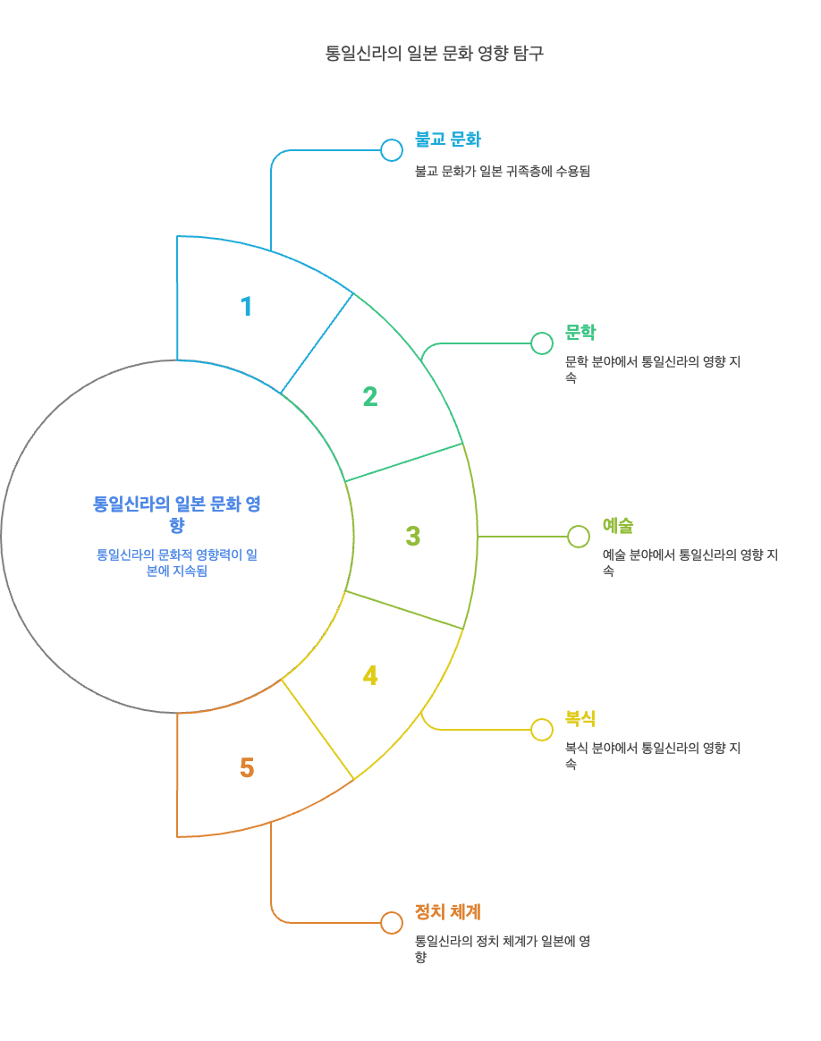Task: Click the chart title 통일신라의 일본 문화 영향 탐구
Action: [x=435, y=54]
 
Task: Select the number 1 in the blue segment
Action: [x=246, y=307]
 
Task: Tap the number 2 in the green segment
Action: [x=369, y=396]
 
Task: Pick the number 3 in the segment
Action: [x=412, y=537]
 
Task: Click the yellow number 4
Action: [x=369, y=676]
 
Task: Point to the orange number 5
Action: [x=247, y=768]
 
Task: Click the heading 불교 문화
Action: [x=448, y=140]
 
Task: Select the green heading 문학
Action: [x=580, y=333]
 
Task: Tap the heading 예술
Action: [x=618, y=526]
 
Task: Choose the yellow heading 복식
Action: [x=580, y=719]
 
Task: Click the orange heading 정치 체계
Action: [x=448, y=912]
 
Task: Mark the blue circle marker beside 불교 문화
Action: [x=392, y=150]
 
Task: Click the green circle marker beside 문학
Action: [x=542, y=343]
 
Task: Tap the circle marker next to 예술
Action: [x=579, y=537]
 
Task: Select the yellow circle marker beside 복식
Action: [x=542, y=730]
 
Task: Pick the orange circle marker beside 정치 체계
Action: [x=392, y=923]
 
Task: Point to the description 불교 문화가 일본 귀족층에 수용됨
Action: [x=503, y=172]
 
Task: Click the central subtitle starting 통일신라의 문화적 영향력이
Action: [x=177, y=563]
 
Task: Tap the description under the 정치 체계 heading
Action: [x=503, y=949]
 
